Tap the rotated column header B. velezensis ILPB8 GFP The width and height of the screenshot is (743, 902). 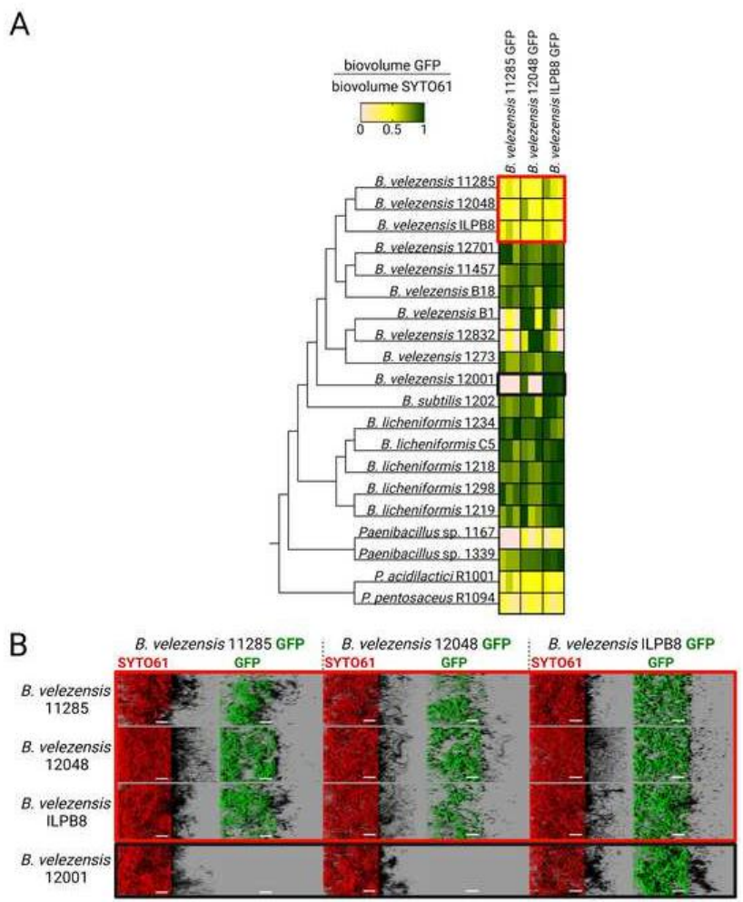(x=556, y=100)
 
